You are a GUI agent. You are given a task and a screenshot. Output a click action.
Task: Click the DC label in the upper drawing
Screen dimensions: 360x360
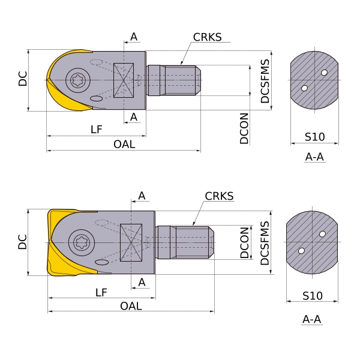coord(23,79)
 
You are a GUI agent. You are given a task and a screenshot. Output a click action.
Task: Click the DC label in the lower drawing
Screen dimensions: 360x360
coord(22,242)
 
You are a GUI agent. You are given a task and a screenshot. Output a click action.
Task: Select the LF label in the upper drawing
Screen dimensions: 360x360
coord(96,129)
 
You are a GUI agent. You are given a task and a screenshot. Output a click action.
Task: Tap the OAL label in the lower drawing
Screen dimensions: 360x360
coord(131,306)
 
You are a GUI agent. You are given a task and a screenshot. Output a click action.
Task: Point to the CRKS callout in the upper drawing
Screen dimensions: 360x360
coord(207,37)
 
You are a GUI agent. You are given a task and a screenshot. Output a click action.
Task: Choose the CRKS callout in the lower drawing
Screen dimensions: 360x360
coord(219,196)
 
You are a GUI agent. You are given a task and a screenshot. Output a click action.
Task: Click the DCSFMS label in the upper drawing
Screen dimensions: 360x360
coord(265,81)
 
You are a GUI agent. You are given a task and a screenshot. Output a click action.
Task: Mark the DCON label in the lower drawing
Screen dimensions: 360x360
coord(245,242)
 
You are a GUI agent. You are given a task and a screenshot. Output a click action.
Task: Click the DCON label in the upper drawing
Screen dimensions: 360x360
coord(244,128)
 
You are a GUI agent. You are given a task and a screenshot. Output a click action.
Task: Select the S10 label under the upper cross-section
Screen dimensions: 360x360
coord(314,137)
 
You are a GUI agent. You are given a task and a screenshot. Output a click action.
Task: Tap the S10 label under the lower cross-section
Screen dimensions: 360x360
coord(312,296)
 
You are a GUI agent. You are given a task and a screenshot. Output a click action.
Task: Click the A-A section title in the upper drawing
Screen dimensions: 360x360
coord(315,157)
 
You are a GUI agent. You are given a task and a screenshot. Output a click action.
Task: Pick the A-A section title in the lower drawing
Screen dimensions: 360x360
coord(312,319)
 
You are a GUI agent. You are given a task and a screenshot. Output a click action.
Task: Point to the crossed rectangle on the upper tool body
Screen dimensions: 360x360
coord(124,80)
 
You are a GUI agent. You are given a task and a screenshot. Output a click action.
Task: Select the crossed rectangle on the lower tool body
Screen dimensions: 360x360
coord(131,242)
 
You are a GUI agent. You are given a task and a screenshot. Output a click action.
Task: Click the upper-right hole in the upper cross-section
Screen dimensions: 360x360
coord(325,73)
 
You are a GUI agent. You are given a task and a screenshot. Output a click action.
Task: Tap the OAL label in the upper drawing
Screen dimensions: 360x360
coord(124,145)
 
